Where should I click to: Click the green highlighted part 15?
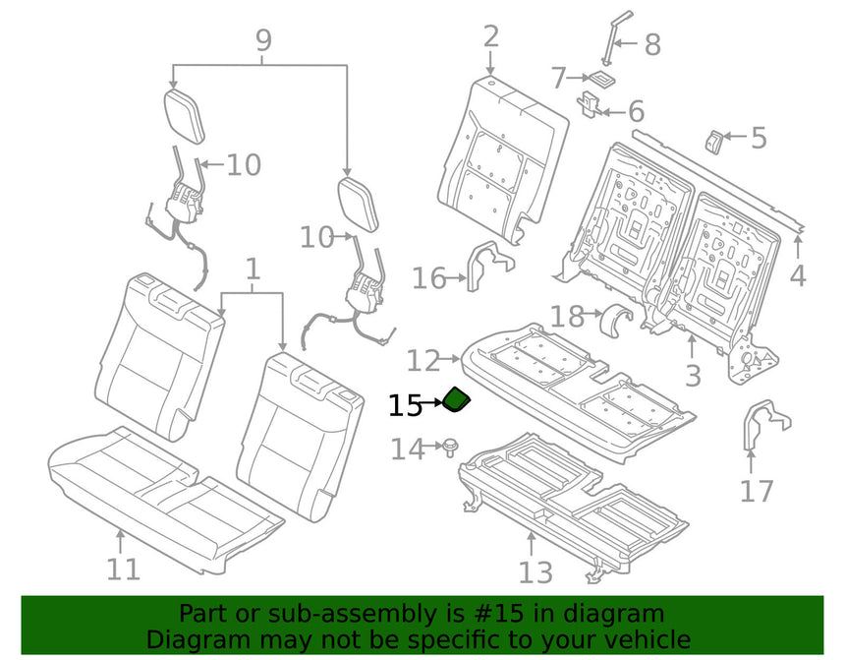click(x=457, y=399)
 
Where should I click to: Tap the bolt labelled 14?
click(x=449, y=448)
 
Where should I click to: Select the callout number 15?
click(x=405, y=406)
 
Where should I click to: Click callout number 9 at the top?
click(x=263, y=40)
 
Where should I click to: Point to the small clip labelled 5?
click(x=713, y=141)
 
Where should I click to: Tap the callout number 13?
click(x=535, y=572)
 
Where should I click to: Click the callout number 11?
click(x=124, y=569)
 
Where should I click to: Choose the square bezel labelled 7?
click(x=602, y=78)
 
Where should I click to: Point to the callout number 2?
click(x=491, y=36)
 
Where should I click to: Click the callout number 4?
click(x=798, y=275)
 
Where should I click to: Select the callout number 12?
click(x=423, y=360)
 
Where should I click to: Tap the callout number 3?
click(x=693, y=375)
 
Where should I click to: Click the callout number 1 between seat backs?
click(x=253, y=269)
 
